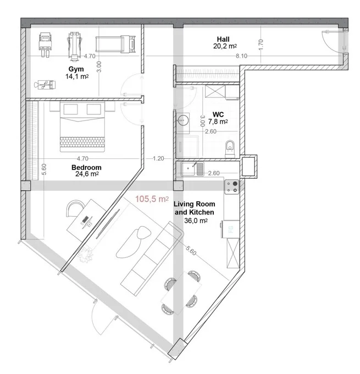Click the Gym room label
(76, 69)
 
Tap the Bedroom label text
(86, 167)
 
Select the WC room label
(218, 114)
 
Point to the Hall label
(223, 39)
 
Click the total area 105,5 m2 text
(152, 199)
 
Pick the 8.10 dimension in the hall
(241, 56)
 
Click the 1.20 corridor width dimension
(158, 158)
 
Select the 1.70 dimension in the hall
(261, 45)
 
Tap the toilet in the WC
(230, 149)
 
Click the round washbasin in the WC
(183, 120)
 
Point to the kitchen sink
(192, 169)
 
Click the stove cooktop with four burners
(231, 187)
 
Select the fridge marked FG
(230, 229)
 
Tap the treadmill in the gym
(115, 44)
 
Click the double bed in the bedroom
(82, 127)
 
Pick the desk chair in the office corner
(75, 208)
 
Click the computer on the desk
(87, 221)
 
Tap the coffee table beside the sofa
(134, 242)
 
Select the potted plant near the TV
(85, 254)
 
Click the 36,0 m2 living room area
(196, 221)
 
